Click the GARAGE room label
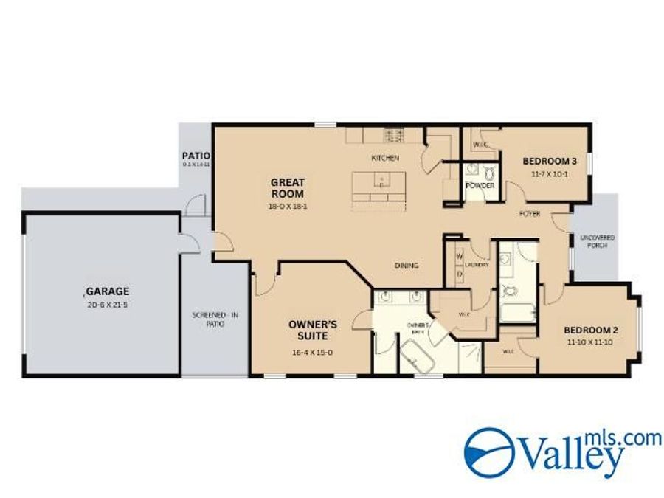(107, 291)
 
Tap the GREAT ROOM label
(288, 187)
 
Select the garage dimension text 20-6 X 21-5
(107, 304)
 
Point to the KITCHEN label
(384, 158)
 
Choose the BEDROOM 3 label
(549, 161)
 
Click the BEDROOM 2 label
(590, 330)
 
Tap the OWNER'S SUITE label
(313, 330)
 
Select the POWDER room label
(480, 185)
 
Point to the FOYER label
(529, 214)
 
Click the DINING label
(407, 266)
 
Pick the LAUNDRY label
(477, 264)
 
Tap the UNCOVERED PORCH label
(598, 241)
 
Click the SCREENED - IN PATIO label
(215, 319)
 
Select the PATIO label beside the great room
(196, 156)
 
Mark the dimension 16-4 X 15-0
(313, 353)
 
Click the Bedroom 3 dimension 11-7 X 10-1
(549, 174)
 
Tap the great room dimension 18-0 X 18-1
(288, 207)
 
